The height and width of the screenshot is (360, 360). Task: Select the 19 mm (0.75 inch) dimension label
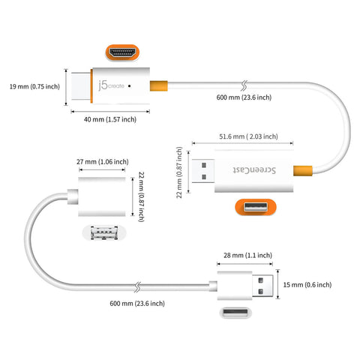pos(31,86)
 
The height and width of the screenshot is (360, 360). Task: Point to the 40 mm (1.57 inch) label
pos(109,118)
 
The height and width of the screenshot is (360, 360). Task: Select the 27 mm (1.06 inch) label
pos(103,160)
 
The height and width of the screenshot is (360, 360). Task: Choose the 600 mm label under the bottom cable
pos(137,303)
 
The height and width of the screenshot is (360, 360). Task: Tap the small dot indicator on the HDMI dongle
pos(130,86)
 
